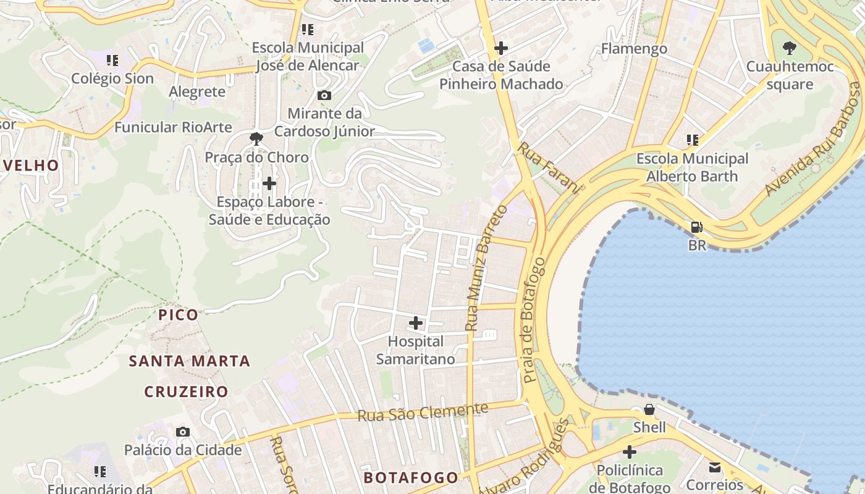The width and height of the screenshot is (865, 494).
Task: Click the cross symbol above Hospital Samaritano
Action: pos(416,323)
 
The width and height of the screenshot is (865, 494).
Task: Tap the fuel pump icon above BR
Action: pos(697,227)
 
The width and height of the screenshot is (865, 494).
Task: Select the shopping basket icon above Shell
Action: pos(649,409)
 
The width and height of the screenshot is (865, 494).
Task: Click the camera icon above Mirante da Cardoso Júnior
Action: pos(324,96)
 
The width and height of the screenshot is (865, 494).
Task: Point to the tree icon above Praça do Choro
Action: pos(256,139)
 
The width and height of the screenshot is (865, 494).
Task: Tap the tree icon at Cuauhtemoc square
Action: pos(789,48)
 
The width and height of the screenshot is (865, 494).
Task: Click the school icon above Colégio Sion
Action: pos(112,61)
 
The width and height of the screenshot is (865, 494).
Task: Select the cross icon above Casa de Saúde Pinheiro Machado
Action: pos(501,48)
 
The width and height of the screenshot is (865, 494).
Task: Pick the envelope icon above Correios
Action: pos(715,467)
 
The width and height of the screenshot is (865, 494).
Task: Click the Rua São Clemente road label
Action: pos(423,412)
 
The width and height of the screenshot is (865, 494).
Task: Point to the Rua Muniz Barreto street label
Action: pos(486,267)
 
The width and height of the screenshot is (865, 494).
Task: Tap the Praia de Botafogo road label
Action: pos(534,319)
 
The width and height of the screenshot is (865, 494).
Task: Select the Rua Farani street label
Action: pos(548,168)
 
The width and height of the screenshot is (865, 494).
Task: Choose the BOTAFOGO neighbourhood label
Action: pos(411,477)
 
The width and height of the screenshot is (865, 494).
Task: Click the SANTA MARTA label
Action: pos(190,361)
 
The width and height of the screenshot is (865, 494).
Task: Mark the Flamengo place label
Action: pos(634,49)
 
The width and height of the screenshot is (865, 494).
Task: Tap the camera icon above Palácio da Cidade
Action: pos(182,432)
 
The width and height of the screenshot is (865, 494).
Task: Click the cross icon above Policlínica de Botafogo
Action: pos(629,453)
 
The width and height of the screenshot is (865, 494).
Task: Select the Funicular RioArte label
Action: pos(173,127)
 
